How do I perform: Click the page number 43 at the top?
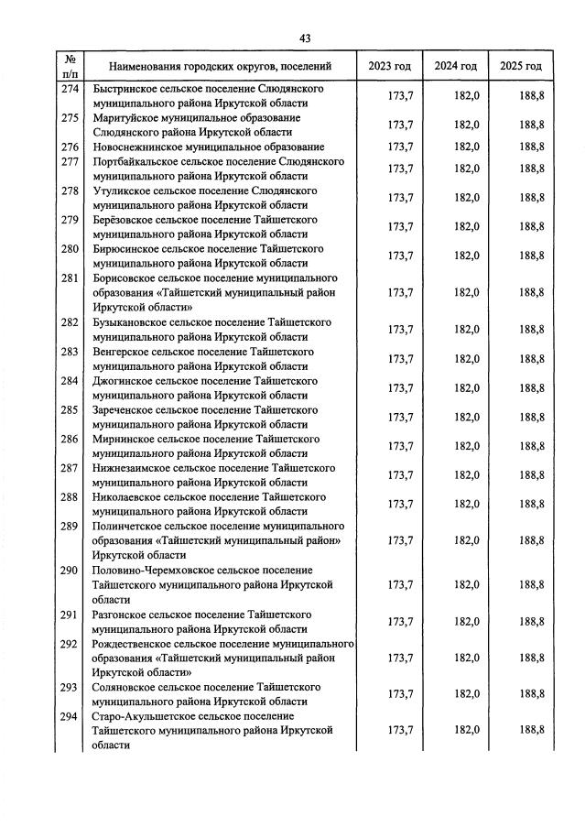(x=305, y=38)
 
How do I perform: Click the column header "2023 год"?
(x=389, y=66)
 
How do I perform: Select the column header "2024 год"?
(x=456, y=66)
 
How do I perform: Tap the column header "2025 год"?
(x=521, y=66)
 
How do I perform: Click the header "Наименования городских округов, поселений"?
(x=220, y=67)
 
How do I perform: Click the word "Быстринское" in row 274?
(x=123, y=89)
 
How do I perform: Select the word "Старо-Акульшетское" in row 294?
(x=144, y=715)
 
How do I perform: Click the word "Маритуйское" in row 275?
(x=125, y=118)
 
